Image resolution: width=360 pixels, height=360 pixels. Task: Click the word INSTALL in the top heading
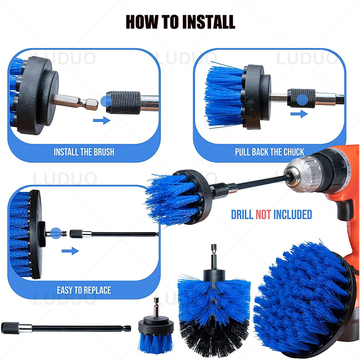[208, 22]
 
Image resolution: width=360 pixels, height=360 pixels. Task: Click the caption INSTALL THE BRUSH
[84, 152]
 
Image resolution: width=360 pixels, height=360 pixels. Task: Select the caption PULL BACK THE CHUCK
[270, 152]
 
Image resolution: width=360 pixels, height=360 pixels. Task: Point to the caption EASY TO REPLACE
[84, 290]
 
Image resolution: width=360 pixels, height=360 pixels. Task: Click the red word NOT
[264, 215]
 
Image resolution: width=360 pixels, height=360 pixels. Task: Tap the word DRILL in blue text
[242, 215]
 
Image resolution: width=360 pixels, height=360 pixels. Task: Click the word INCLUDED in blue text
[292, 215]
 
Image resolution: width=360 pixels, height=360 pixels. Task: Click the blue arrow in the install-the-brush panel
[102, 120]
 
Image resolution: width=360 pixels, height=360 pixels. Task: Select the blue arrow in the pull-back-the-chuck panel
[299, 114]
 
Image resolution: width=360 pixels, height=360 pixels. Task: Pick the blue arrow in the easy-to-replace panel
[70, 251]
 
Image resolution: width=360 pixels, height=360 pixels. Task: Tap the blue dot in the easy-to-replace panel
[56, 234]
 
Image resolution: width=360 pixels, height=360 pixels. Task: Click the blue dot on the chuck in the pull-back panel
[302, 100]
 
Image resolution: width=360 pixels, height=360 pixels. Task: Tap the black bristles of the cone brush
[215, 338]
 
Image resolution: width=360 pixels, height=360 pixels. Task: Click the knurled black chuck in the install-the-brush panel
[123, 103]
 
